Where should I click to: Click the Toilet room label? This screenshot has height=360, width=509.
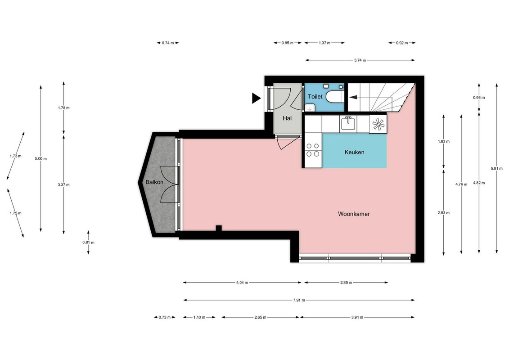(x=315, y=96)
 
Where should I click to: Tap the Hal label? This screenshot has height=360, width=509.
(x=287, y=118)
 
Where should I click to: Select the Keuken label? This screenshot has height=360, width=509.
(x=354, y=152)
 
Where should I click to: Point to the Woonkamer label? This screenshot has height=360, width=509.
(x=354, y=214)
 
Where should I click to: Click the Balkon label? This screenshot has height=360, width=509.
(x=154, y=182)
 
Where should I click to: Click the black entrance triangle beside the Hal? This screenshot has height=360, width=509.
(x=256, y=98)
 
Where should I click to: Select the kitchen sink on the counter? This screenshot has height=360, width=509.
(x=348, y=124)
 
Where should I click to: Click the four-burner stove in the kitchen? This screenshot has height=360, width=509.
(x=313, y=150)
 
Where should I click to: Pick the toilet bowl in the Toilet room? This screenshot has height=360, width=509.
(x=334, y=97)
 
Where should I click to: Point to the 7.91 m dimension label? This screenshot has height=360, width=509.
(x=299, y=300)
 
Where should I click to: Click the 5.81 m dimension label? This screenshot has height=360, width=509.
(x=497, y=168)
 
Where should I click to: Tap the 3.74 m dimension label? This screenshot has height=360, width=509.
(x=360, y=60)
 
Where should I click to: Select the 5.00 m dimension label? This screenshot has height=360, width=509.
(x=41, y=159)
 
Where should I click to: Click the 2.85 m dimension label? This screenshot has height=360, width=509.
(x=346, y=283)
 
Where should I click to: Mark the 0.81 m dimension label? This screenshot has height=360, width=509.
(x=88, y=243)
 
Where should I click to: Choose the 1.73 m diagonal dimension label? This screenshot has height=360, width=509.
(x=16, y=156)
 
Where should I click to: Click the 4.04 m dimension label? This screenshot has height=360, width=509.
(x=242, y=283)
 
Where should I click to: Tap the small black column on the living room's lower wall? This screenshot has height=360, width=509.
(x=219, y=228)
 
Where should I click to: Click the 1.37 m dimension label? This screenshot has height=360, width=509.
(x=324, y=43)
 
